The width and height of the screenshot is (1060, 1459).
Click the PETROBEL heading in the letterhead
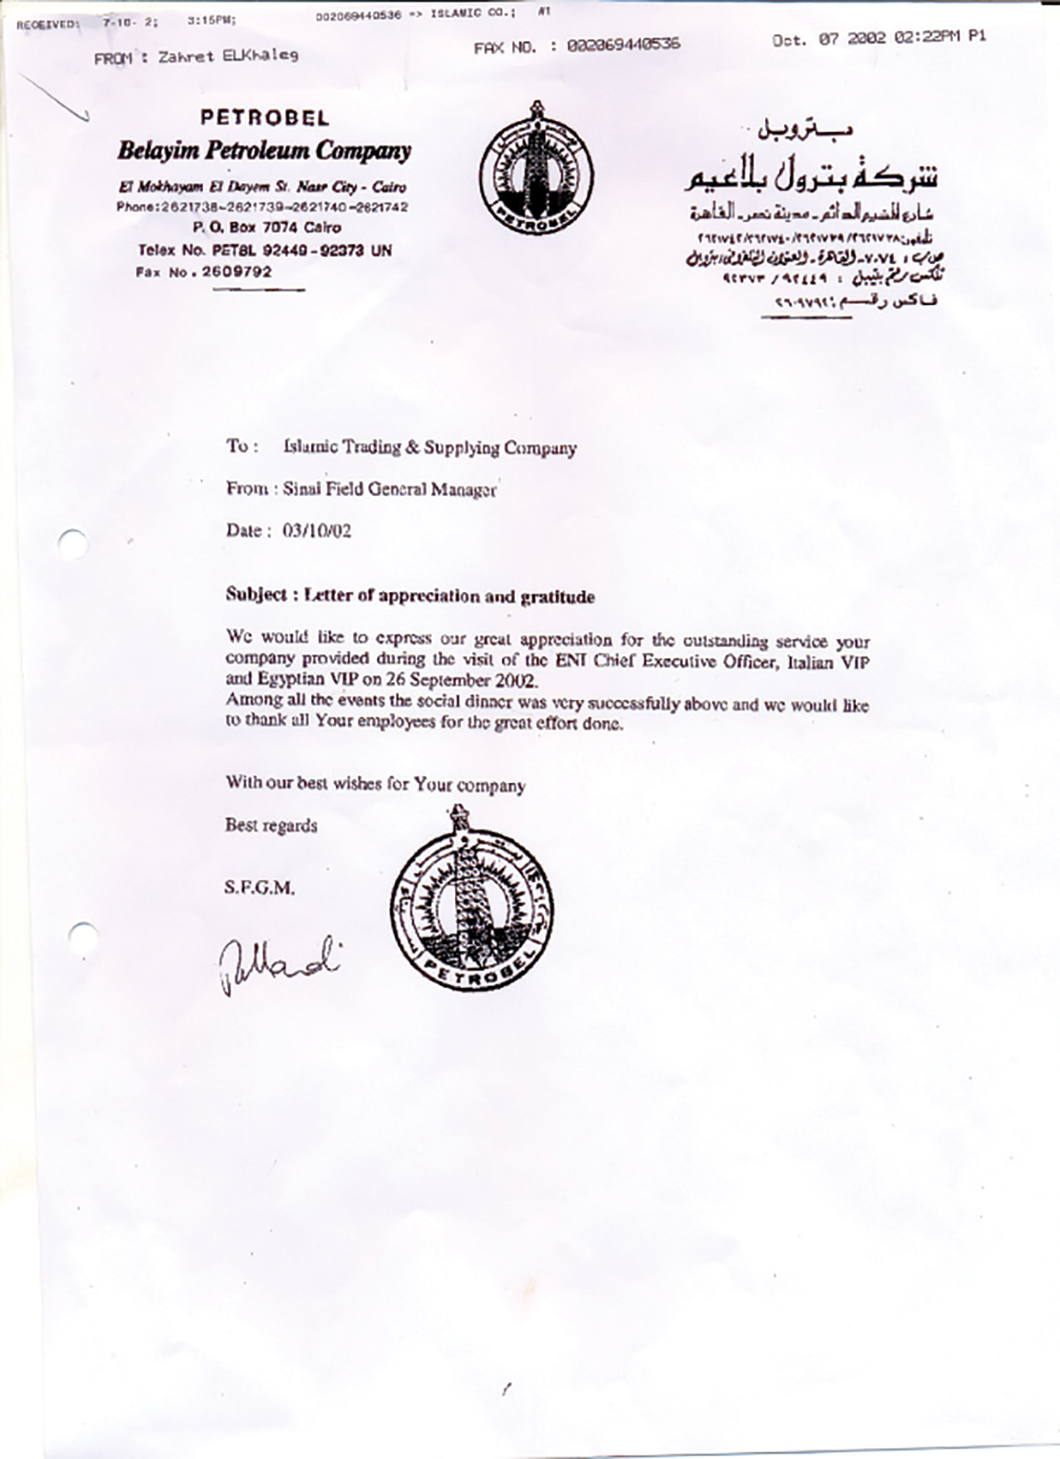pos(264,118)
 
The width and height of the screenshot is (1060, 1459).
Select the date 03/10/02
pos(316,531)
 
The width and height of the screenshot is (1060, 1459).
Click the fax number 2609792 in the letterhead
pos(236,272)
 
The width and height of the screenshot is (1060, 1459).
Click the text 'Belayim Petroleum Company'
pos(264,151)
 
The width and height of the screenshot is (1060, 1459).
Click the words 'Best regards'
pos(271,825)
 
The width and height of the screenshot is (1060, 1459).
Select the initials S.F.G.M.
pos(260,887)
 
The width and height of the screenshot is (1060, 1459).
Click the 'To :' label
pos(242,446)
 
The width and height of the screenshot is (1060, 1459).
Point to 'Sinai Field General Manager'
pos(390,489)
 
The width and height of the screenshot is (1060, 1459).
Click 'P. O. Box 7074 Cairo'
pos(267,227)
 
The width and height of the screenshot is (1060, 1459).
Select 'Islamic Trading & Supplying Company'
pos(430,447)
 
